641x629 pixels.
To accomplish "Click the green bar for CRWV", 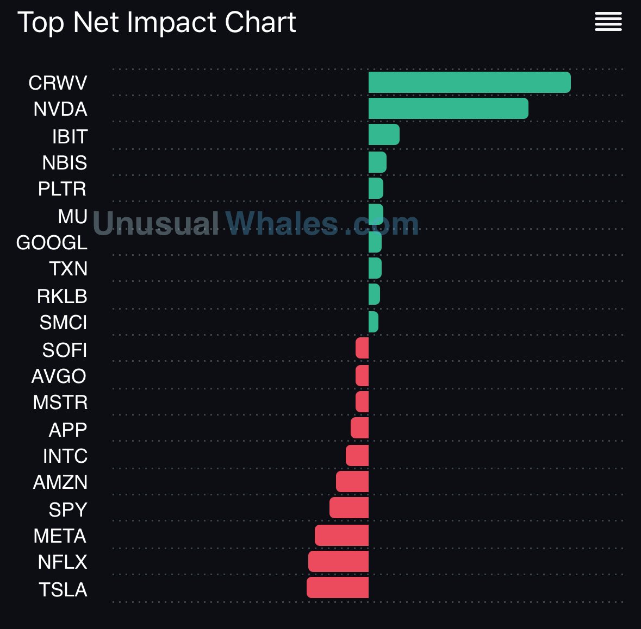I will (469, 83).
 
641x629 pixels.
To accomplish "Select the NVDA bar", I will (448, 109).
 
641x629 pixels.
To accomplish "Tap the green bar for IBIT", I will (384, 135).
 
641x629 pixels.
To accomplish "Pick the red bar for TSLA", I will (338, 588).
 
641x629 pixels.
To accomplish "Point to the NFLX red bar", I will (338, 562).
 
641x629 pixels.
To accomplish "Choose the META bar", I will (341, 536).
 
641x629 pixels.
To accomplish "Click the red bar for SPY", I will (349, 508).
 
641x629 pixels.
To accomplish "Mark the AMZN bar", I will (352, 482).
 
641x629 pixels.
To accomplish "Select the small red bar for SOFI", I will (362, 348).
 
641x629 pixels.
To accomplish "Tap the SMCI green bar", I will (374, 322).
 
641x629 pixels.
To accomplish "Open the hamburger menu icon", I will (608, 22).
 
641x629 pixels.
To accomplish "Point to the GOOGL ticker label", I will (52, 243).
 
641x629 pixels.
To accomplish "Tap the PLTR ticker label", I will (62, 189).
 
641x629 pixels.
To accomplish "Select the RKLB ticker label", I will (62, 297).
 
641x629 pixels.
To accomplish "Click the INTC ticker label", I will (65, 456).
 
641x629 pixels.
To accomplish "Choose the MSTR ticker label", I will (60, 402).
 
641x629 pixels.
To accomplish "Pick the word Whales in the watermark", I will (282, 223).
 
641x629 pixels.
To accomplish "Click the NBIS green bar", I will (377, 162).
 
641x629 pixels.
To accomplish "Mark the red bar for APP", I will (359, 428).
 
